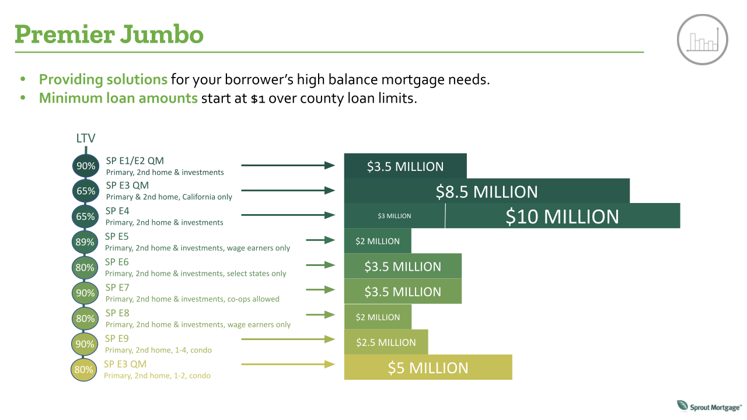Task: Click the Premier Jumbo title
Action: coord(109,34)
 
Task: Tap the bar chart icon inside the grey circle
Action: coord(703,40)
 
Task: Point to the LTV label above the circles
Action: coord(86,138)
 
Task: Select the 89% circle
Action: coord(85,242)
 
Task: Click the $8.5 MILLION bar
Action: coord(487,191)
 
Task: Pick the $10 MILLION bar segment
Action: coord(563,216)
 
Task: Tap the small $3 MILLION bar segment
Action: coord(395,216)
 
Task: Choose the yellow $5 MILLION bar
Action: coord(428,367)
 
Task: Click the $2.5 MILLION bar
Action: coord(386,342)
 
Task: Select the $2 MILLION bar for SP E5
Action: coord(378,241)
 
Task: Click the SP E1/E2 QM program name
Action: coord(135,160)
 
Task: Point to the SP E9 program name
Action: coord(117,339)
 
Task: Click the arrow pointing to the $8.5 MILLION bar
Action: coord(288,190)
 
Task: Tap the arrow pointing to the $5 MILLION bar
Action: coord(288,365)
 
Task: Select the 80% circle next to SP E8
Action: coord(85,318)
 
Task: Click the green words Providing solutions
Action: coord(103,79)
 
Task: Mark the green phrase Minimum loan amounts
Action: coord(118,98)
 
